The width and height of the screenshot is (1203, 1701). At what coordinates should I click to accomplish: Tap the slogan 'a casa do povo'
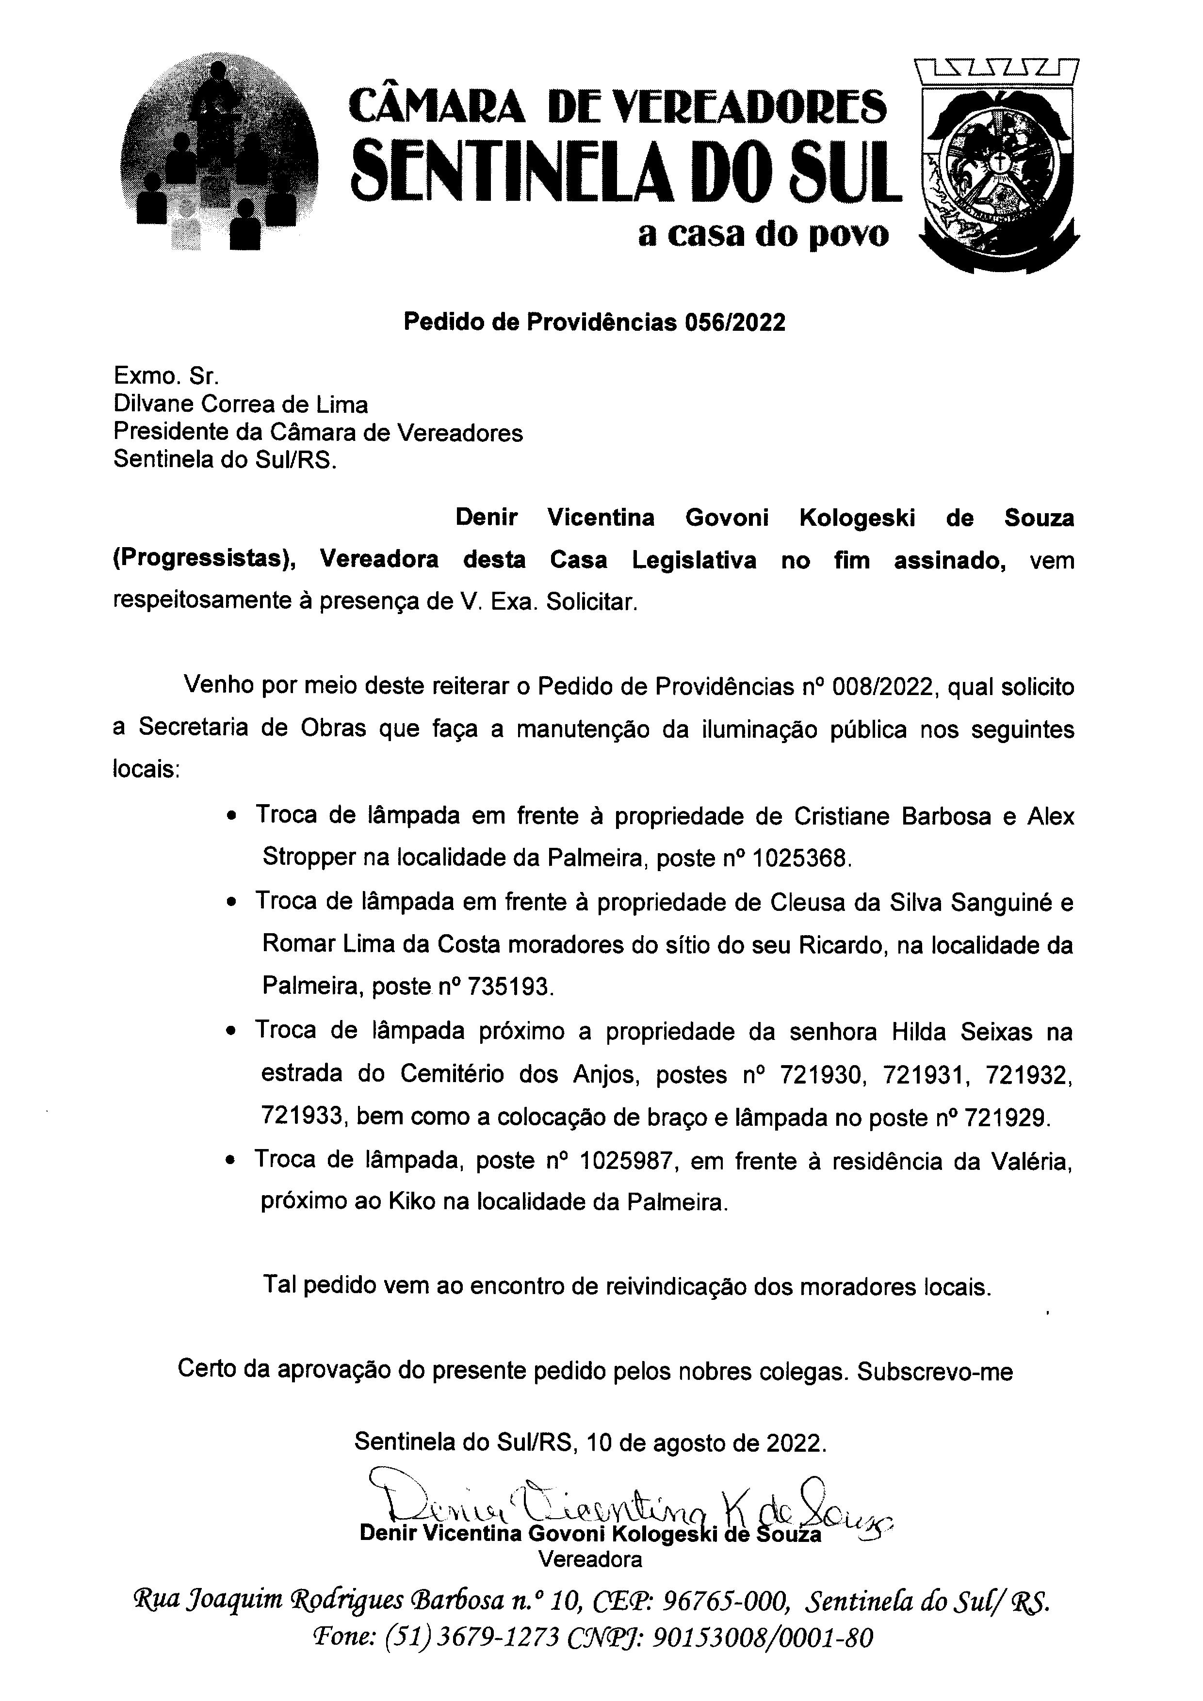point(763,235)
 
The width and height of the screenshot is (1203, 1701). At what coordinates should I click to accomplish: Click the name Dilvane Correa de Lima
point(240,405)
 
